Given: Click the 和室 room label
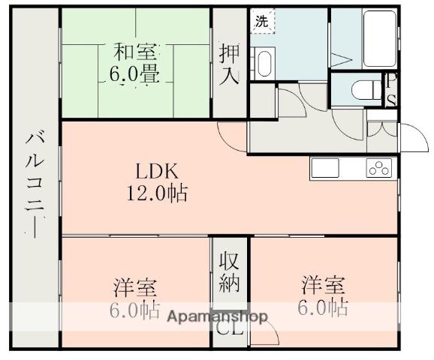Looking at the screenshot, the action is pos(135,52).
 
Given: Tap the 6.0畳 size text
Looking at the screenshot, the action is pos(134,73).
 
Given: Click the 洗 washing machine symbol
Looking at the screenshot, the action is pos(262,21).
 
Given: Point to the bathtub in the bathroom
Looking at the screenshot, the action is pos(379,38).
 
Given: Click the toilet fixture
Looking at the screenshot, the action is pos(366,89).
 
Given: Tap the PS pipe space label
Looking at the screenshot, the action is pos(391,89).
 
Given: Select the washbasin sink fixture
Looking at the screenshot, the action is pos(264,64).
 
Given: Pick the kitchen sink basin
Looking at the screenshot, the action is pos(325,167).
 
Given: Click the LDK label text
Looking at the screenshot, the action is pos(157,171).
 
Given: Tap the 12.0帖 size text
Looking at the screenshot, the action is pos(157,193).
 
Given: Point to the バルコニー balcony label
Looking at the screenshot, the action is pos(35,184).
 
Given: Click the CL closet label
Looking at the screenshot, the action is pos(230,328).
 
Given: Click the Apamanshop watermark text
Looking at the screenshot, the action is pos(218,316).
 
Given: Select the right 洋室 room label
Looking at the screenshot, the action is pos(324,284).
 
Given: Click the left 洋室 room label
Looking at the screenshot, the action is pos(135,287).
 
